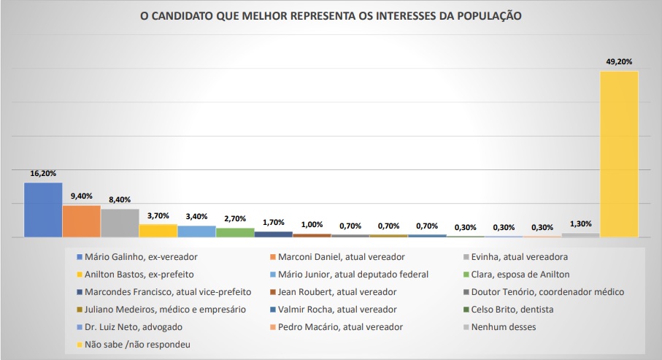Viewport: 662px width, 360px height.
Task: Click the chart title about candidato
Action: [x=331, y=15]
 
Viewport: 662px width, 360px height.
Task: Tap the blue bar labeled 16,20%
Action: [x=43, y=210]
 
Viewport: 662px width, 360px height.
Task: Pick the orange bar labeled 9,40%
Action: [x=82, y=221]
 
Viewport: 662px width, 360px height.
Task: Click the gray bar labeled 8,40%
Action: [x=120, y=223]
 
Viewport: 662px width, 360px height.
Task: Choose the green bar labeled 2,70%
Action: [x=235, y=232]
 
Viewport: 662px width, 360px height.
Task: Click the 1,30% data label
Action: [x=580, y=223]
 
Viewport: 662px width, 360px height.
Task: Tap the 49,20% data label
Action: [x=619, y=62]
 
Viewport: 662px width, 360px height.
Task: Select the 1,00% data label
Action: [x=312, y=224]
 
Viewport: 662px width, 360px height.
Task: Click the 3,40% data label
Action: [x=196, y=216]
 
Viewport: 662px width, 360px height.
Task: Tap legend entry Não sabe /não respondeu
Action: [x=136, y=344]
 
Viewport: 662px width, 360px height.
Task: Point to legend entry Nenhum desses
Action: [x=504, y=326]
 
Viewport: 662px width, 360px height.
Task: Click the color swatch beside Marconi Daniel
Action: [x=273, y=257]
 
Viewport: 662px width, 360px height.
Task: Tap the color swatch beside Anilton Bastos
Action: [x=80, y=275]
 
